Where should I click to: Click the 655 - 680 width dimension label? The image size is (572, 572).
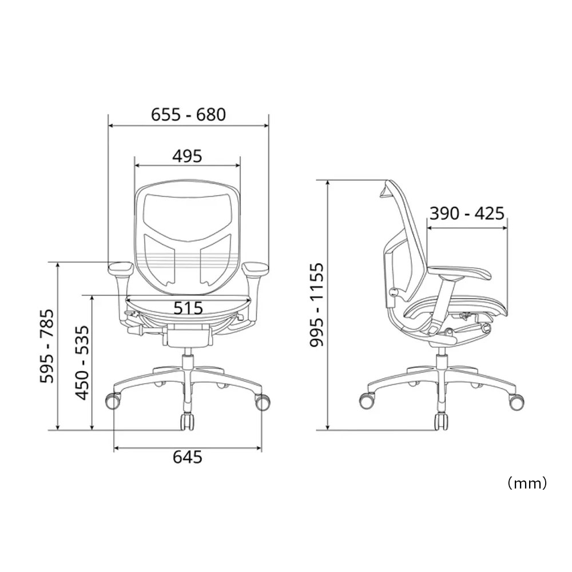point(189,114)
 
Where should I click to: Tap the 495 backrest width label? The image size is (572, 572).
point(187,156)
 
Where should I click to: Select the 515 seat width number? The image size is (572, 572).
point(188,308)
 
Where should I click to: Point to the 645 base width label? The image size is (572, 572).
point(188,456)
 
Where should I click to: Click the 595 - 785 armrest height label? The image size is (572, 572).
point(47,346)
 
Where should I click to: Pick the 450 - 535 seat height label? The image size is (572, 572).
point(82,363)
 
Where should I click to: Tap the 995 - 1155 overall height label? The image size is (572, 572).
point(317,305)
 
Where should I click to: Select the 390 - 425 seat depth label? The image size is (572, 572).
point(467,213)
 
